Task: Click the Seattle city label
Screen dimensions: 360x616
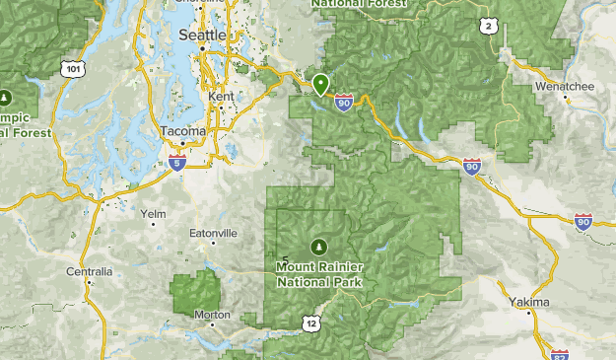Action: click(x=202, y=35)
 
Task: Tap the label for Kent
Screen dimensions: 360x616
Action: click(x=222, y=97)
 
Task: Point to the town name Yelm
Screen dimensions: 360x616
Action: click(x=153, y=213)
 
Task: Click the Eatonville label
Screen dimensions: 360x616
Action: click(x=214, y=234)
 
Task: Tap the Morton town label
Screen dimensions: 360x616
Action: click(x=212, y=315)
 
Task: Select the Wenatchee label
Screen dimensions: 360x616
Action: click(x=564, y=87)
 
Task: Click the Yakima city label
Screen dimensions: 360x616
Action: click(x=529, y=301)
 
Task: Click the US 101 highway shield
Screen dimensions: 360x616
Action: click(x=70, y=68)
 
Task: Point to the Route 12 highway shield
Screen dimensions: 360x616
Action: click(x=311, y=322)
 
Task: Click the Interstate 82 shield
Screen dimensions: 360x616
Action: click(x=560, y=353)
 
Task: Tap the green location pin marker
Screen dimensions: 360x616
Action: click(x=320, y=85)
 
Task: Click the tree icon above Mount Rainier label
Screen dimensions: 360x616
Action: click(x=318, y=246)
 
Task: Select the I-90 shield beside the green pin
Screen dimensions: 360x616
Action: click(x=342, y=102)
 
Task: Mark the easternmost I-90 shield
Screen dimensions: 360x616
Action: click(x=583, y=222)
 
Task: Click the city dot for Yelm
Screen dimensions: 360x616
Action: click(x=153, y=225)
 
